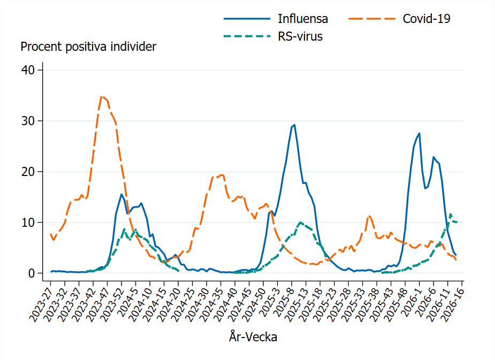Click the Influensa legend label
tap(302, 19)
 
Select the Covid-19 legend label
tap(426, 19)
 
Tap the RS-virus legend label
tap(300, 37)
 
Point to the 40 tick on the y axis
tap(28, 70)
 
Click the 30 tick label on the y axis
tap(28, 121)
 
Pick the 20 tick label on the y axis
tap(28, 172)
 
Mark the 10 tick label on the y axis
tap(28, 223)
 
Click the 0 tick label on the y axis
tap(31, 273)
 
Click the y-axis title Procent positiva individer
tap(88, 47)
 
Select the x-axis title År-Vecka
tap(253, 337)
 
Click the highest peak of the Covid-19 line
tap(102, 96)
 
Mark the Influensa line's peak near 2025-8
tap(294, 125)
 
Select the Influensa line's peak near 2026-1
tap(419, 133)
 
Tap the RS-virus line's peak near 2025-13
tap(301, 222)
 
